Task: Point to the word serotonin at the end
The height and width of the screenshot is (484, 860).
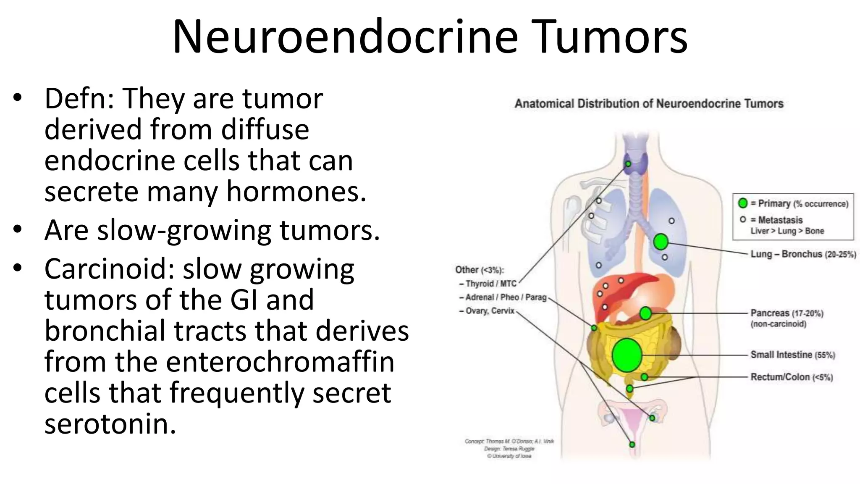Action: (110, 424)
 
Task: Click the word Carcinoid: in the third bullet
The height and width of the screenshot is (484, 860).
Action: (109, 269)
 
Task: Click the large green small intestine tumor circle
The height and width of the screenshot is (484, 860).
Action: (627, 355)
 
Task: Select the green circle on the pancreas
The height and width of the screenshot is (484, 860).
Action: (645, 313)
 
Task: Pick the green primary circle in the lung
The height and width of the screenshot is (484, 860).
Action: (661, 242)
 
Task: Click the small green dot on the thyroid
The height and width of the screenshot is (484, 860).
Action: (628, 164)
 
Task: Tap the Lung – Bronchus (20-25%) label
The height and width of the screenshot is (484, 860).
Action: (803, 254)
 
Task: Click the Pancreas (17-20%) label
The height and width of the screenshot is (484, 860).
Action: (787, 313)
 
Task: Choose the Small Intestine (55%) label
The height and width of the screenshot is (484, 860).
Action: (792, 355)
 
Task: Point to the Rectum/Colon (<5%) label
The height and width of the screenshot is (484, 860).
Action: (791, 377)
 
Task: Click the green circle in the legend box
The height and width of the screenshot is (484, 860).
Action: (743, 203)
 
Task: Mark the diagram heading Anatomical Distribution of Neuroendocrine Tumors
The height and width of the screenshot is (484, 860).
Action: (649, 104)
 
